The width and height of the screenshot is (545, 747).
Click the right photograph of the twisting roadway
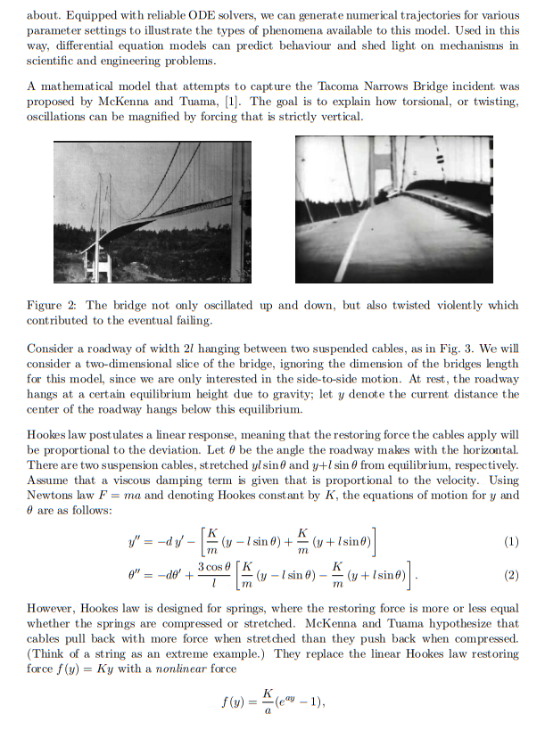coord(393,209)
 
